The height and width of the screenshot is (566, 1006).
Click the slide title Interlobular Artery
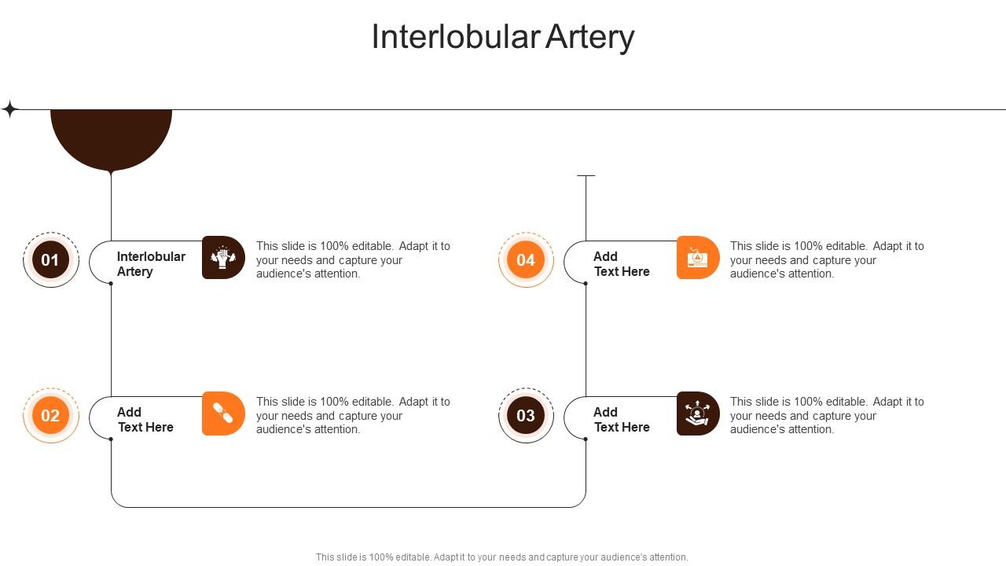point(502,37)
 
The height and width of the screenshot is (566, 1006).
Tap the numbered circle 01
point(51,260)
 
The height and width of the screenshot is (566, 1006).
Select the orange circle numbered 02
point(51,415)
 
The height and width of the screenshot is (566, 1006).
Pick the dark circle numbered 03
point(526,415)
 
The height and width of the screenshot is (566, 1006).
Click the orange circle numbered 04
point(526,260)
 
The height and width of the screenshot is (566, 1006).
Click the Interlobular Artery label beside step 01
point(151,264)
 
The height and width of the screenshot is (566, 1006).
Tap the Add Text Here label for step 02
point(145,420)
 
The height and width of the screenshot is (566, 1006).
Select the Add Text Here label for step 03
point(621,420)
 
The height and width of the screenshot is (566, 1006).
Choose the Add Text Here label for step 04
point(621,264)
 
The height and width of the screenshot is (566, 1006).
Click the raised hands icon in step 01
point(223,258)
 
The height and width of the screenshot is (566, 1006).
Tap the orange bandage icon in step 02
point(223,413)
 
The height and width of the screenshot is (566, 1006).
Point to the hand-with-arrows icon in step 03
point(697,413)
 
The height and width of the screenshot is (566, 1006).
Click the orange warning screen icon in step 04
point(697,258)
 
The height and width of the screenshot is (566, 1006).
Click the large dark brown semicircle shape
point(111,137)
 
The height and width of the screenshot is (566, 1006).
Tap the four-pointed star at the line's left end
point(9,109)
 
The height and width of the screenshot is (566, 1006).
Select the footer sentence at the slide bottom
point(501,557)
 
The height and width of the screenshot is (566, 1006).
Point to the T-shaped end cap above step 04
point(586,176)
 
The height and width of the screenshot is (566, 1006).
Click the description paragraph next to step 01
point(353,260)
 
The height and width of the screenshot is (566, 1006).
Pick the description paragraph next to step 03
point(827,415)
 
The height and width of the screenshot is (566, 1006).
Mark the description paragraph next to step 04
point(827,260)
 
